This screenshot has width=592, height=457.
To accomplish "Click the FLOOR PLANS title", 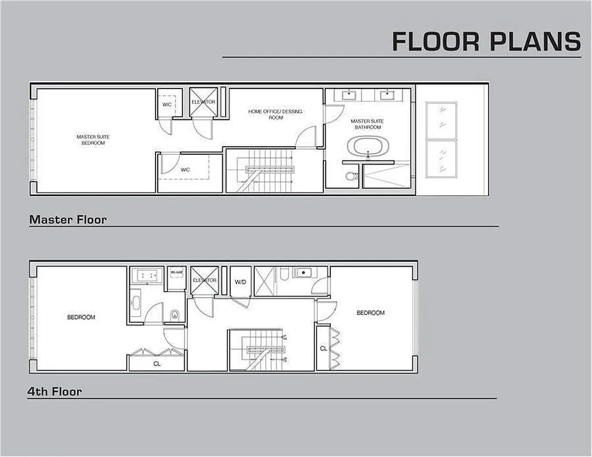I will coord(486,41).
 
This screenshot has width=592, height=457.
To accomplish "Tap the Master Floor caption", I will coord(68,219).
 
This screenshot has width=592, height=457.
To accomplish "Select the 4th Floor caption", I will coord(55,392).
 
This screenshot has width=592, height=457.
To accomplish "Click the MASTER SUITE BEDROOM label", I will coord(93,139).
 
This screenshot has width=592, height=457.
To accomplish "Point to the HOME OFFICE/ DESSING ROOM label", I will coord(275,114).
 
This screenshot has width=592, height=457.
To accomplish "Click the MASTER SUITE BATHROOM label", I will coord(367,124).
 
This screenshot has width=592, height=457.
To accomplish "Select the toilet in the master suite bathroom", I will coord(351,177).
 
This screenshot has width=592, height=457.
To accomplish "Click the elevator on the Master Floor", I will coord(203,102).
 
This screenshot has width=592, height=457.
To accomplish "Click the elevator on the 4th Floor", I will coord(204,280).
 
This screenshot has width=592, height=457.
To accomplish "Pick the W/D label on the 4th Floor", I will coord(241,282).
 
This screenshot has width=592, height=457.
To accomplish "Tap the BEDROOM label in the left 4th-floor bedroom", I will coord(81,317).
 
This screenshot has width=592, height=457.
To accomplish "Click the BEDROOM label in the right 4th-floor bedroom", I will coord(370,312).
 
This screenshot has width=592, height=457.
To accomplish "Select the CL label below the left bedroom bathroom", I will coord(157,363).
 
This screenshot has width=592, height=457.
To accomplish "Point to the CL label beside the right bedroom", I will coord(323,348).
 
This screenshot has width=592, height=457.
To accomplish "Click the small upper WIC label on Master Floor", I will coord(167,105).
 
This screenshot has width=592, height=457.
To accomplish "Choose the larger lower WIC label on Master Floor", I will coord(185,170).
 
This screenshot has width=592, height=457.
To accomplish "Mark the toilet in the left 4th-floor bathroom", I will coord(175,314).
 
